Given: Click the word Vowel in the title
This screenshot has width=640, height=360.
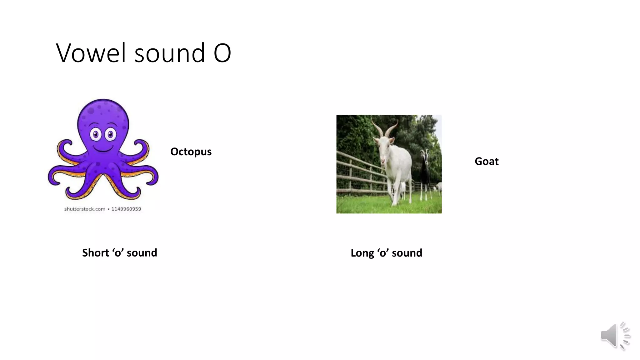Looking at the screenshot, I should pos(91,53).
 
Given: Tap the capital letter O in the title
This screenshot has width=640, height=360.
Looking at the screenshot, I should pos(222,53).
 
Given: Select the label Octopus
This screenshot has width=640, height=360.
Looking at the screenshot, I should pos(191,152).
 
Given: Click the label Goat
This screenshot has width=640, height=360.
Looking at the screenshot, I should pos(487,161).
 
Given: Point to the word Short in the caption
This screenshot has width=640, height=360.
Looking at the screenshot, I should pos(95,253).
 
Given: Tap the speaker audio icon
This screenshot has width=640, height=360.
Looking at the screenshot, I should pos(614,336).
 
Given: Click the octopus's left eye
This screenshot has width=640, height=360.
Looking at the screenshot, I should pos(96,135).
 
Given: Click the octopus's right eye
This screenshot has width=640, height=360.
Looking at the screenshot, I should pos(110,135).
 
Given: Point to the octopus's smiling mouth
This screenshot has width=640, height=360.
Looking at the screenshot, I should pos(103,149).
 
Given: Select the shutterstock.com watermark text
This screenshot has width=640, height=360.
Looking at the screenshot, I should pos(85,209).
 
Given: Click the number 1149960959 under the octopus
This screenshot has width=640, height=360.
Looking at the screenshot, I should pos(126,209).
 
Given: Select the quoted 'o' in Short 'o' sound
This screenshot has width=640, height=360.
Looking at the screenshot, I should pos(118,253).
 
